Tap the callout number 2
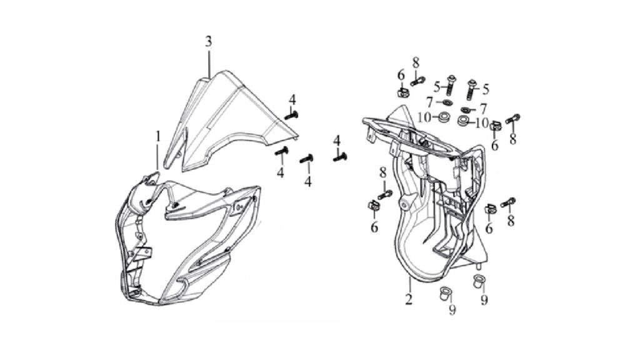coord(409,300)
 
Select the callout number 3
coord(209,42)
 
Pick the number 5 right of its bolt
coord(486,89)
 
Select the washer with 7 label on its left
coord(446,102)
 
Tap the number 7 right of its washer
coord(483,109)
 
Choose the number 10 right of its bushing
coord(482,122)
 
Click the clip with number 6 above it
coord(402,92)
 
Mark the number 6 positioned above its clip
coord(401,76)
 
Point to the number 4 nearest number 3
coord(292,99)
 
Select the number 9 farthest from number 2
coord(484,300)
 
